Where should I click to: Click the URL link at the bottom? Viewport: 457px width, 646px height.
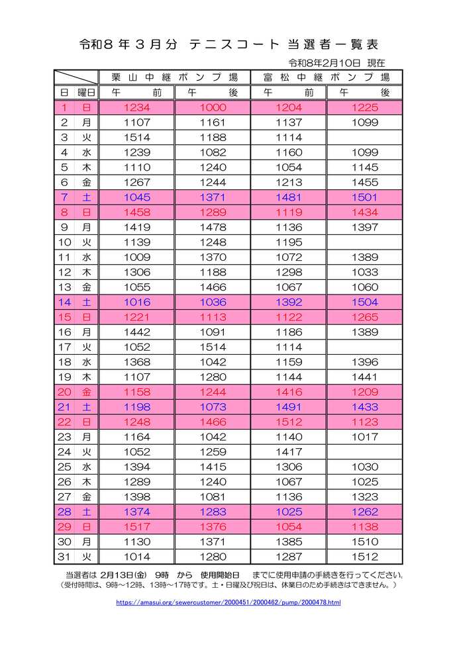228,602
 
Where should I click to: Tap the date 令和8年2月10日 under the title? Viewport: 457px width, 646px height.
325,63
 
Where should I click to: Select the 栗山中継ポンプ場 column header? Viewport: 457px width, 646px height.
175,77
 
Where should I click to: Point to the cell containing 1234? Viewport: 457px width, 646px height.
137,107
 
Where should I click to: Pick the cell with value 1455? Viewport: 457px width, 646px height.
365,182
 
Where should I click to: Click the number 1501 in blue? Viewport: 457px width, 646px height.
365,197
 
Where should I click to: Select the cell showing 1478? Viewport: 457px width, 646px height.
213,227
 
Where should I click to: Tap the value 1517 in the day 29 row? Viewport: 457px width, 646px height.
137,527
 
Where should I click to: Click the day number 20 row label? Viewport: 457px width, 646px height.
65,392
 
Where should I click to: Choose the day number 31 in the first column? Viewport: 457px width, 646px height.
65,557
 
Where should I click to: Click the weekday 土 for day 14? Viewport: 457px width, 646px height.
86,302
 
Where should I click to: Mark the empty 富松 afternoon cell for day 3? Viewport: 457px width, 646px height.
365,138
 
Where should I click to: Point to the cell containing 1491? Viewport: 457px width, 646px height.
289,407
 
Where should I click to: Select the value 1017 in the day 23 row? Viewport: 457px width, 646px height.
365,437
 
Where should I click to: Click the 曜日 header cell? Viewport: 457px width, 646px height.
86,92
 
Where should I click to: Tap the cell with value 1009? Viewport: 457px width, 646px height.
137,257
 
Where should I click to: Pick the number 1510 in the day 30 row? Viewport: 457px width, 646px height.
365,542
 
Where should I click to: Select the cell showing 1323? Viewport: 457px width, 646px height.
365,497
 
